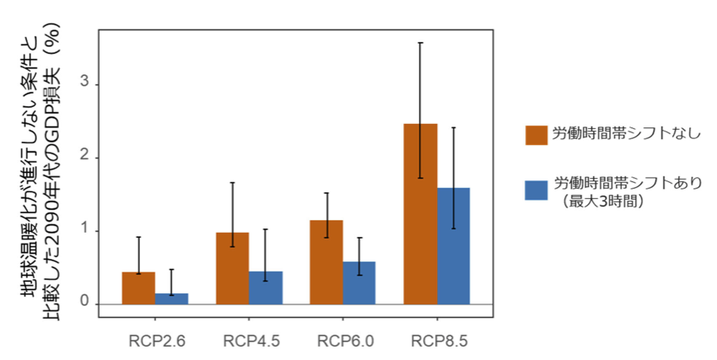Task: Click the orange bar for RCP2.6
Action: pos(138,288)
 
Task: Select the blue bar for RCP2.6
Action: pos(171,298)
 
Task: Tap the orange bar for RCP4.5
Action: pos(232,268)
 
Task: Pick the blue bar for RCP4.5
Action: pos(265,287)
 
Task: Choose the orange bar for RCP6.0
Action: pos(326,262)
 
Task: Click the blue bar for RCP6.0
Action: pos(358,282)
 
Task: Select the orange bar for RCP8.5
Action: pos(420,214)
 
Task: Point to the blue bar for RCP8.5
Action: pos(453,245)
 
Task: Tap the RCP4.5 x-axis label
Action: pos(251,341)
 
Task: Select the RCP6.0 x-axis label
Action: pos(345,341)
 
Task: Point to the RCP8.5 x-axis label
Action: pos(439,341)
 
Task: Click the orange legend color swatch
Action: pos(536,135)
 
